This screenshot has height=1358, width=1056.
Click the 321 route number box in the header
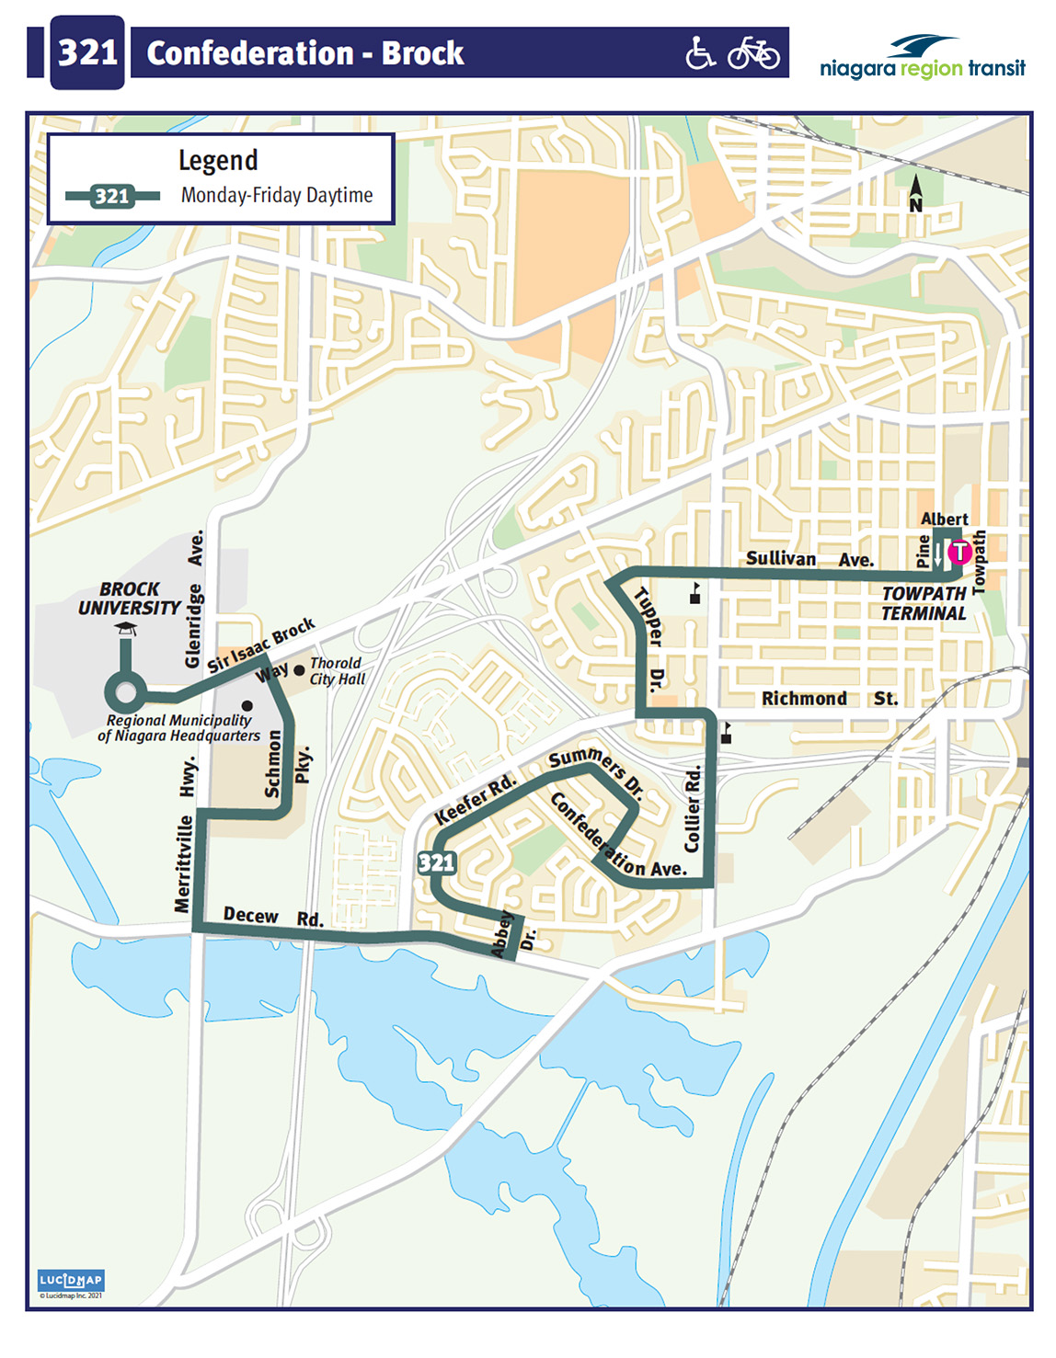tap(87, 52)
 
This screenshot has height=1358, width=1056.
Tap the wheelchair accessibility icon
tap(700, 53)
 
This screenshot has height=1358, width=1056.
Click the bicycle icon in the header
tap(753, 53)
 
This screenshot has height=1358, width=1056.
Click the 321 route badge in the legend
tap(112, 196)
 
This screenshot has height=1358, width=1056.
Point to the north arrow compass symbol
tap(915, 194)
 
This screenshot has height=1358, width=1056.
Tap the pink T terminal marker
tap(959, 552)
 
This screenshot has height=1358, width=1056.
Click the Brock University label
tap(129, 599)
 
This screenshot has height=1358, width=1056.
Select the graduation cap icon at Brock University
tap(126, 629)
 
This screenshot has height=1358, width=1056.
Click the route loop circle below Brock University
tap(125, 692)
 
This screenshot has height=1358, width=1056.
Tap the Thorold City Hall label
tap(337, 671)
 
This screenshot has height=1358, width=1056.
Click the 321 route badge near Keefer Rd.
tap(436, 862)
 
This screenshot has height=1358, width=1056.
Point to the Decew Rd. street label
tap(273, 918)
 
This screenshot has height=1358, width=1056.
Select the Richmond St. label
tap(829, 699)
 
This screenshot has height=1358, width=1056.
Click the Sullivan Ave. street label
tap(809, 559)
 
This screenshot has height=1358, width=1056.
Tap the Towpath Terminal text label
tap(924, 604)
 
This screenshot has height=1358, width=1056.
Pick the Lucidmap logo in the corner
tap(71, 1281)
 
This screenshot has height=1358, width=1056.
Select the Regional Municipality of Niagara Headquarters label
tap(178, 728)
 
